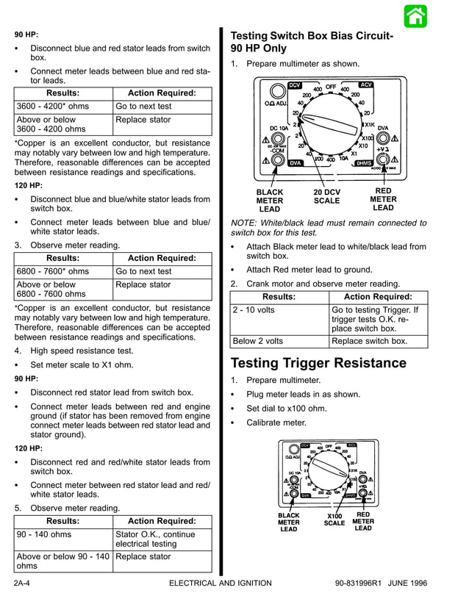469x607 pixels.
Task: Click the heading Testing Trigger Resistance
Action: pos(318,363)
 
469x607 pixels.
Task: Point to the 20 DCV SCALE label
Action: pos(326,197)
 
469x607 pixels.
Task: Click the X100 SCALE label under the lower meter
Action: pos(334,520)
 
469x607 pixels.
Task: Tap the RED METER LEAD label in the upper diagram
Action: pos(383,199)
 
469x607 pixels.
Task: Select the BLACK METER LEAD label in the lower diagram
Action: pos(289,522)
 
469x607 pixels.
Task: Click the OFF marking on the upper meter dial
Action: pos(331,87)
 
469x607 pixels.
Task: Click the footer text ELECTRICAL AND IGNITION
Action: pos(220,583)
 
